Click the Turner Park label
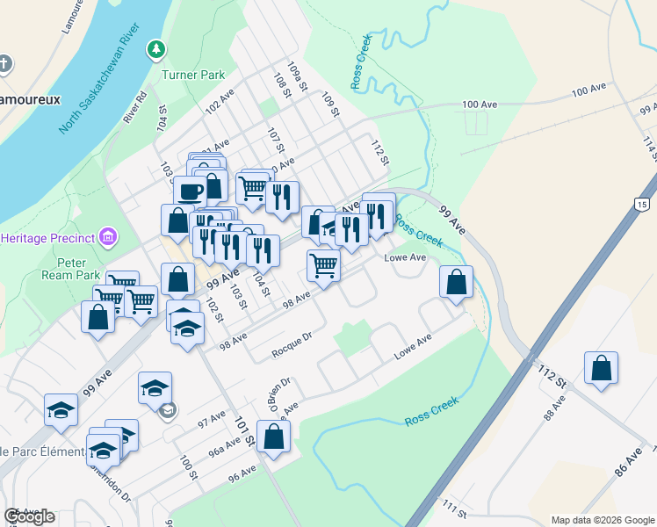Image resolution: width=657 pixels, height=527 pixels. coord(193,75)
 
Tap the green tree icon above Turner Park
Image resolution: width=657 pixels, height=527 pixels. coord(155,48)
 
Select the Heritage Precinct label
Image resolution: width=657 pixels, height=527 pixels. coord(47,238)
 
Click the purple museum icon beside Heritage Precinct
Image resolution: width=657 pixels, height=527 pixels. coord(108,236)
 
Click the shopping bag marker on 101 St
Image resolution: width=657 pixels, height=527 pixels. coord(273,436)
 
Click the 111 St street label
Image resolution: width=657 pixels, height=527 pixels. coord(454,507)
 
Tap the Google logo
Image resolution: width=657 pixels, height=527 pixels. coord(30,516)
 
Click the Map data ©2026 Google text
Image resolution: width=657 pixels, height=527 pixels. coord(603,520)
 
